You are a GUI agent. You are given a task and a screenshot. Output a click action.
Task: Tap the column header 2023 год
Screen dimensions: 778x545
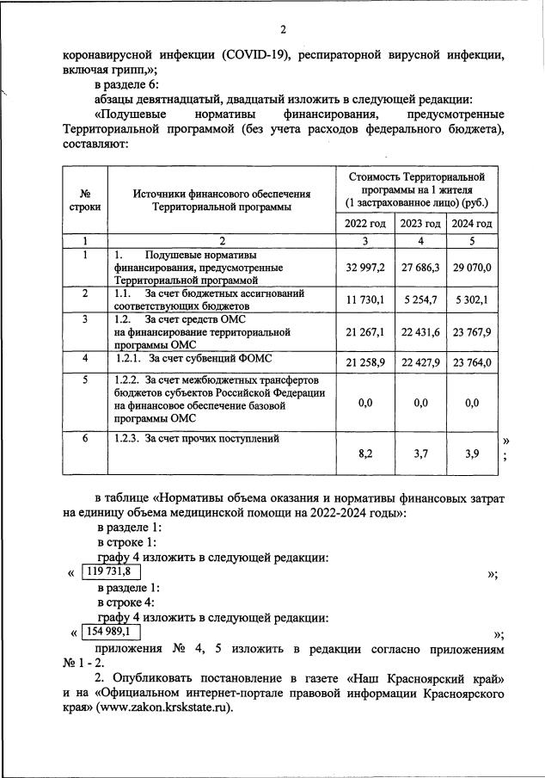[x=420, y=224]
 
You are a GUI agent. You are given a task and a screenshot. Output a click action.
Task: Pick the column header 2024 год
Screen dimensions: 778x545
[x=472, y=224]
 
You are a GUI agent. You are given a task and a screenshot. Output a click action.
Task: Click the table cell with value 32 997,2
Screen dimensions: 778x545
[x=364, y=268]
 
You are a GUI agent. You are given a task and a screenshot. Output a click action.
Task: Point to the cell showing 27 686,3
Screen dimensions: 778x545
[x=420, y=268]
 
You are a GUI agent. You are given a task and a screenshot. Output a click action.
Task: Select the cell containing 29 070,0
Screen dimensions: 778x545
[x=472, y=268]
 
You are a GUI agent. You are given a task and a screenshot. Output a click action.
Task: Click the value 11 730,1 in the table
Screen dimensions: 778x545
[x=364, y=299]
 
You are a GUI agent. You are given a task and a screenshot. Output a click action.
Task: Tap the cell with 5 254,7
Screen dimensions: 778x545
[x=420, y=299]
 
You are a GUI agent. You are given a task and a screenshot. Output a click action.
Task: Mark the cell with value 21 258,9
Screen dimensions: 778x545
[x=364, y=362]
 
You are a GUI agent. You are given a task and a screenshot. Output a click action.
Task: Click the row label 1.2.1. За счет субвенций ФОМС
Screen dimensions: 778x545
[x=188, y=358]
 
